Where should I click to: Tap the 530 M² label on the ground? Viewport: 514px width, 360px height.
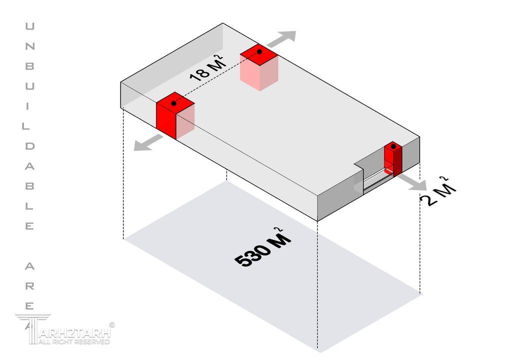[x=262, y=248]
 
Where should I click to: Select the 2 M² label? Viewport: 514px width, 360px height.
[x=439, y=192]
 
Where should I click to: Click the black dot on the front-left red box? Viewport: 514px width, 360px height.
[x=173, y=103]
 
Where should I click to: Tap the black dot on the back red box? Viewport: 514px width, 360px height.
[x=260, y=51]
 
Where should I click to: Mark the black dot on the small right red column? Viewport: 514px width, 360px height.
[x=394, y=146]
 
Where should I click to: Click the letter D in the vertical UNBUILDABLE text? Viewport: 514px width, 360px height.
[x=30, y=146]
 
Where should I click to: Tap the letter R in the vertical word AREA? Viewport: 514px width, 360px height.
[x=30, y=286]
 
